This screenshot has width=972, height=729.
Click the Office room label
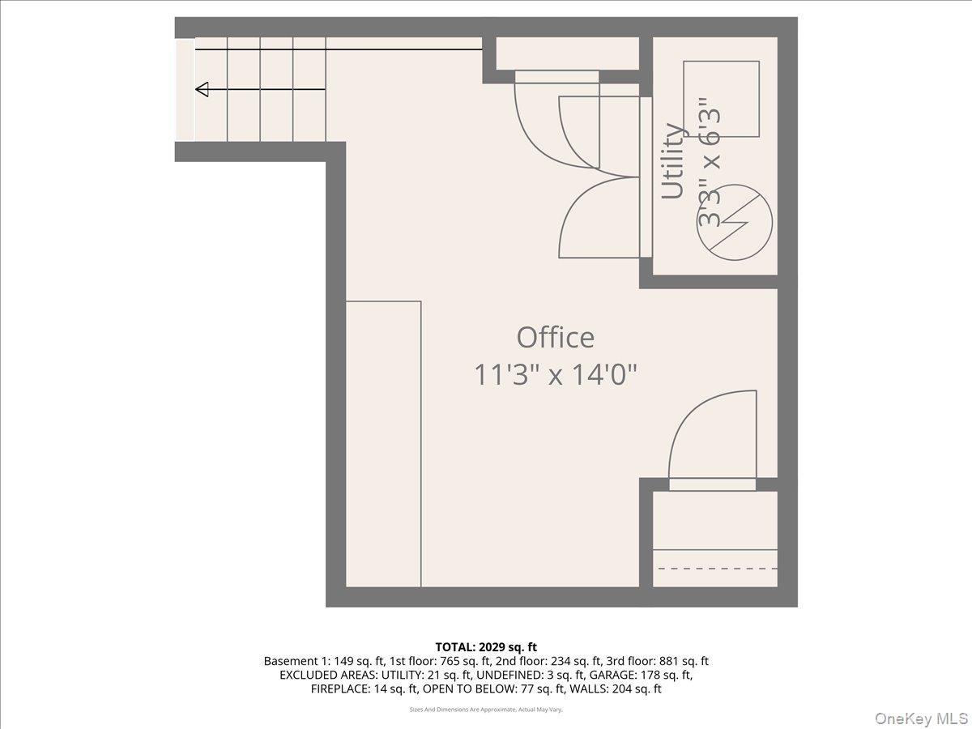[556, 337]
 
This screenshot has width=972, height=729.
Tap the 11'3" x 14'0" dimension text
[556, 375]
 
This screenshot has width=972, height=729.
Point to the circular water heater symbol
[735, 223]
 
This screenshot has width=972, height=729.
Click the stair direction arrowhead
[202, 89]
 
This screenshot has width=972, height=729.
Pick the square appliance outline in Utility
[721, 99]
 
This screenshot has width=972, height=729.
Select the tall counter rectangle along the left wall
[383, 444]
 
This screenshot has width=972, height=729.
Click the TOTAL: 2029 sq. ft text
[486, 646]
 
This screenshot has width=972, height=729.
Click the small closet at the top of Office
[567, 53]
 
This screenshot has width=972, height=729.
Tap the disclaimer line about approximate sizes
[486, 710]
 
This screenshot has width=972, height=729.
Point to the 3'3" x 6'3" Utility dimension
[710, 162]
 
